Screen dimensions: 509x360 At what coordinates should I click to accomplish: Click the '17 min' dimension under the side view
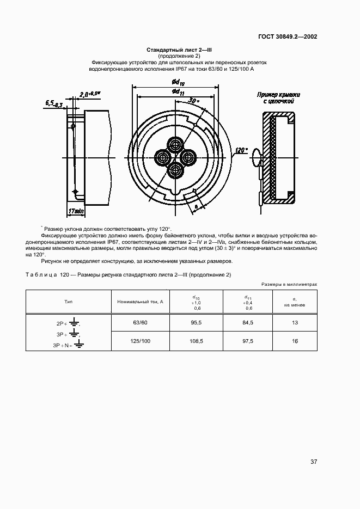76,210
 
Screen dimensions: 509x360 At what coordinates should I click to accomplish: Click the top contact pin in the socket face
175,144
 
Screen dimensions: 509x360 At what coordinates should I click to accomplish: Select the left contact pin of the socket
162,158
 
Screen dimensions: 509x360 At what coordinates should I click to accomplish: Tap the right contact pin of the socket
188,158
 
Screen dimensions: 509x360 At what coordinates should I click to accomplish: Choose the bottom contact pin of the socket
175,171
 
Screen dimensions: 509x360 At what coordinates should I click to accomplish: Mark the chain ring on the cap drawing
257,160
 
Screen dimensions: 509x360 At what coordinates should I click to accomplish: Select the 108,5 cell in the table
197,341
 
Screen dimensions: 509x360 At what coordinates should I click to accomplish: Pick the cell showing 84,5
248,322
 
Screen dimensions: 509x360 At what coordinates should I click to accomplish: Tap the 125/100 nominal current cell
140,341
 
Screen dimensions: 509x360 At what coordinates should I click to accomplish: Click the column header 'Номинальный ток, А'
140,301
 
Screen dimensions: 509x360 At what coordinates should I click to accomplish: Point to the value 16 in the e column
295,341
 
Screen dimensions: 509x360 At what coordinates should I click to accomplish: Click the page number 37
313,462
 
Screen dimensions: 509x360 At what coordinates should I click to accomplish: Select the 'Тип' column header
69,301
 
